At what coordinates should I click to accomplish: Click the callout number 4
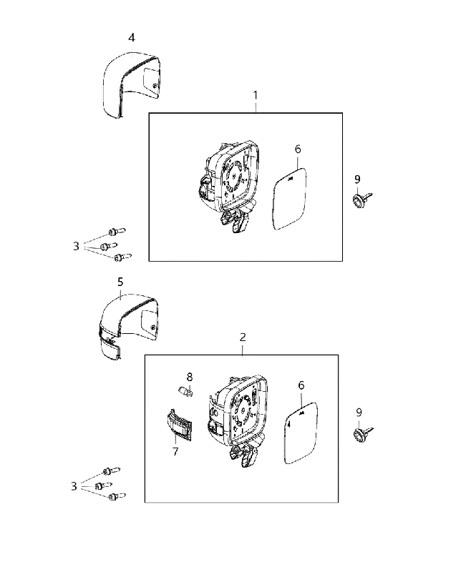coord(132,38)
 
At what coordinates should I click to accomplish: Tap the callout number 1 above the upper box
coord(256,95)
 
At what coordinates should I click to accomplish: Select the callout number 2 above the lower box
coord(243,337)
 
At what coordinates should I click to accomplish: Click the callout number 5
coord(120,282)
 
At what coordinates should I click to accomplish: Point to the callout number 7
coord(175,451)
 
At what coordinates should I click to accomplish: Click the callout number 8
coord(190,377)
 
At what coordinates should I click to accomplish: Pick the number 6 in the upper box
coord(298,149)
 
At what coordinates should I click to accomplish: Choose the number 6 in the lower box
coord(301,385)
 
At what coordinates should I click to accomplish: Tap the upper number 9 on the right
coord(357,179)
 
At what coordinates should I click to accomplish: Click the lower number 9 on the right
coord(359,413)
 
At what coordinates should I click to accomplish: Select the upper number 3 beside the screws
coord(76,246)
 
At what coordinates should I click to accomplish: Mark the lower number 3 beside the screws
coord(74,486)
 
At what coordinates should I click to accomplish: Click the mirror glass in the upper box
coord(290,199)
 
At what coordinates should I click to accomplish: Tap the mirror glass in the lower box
coord(301,433)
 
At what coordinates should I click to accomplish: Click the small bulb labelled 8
coord(185,392)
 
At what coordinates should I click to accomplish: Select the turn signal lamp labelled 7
coord(178,425)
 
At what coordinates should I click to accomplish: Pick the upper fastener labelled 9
coord(361,199)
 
